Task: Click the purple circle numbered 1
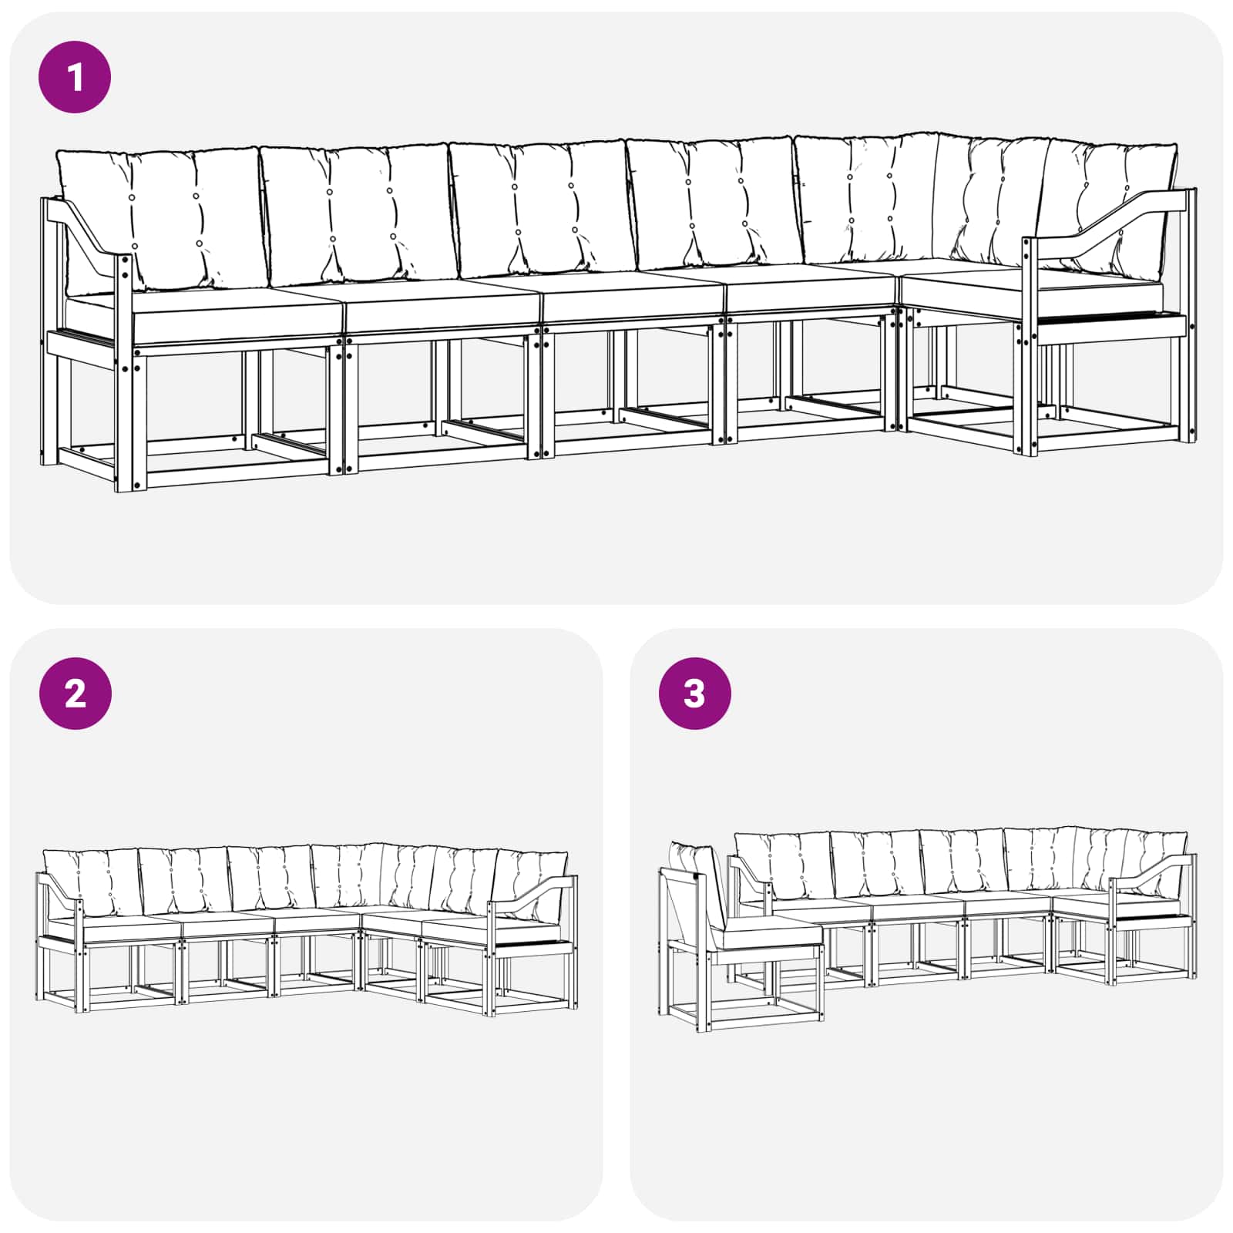[x=75, y=77]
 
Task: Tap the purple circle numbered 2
[x=75, y=694]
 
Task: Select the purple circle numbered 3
[x=694, y=694]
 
